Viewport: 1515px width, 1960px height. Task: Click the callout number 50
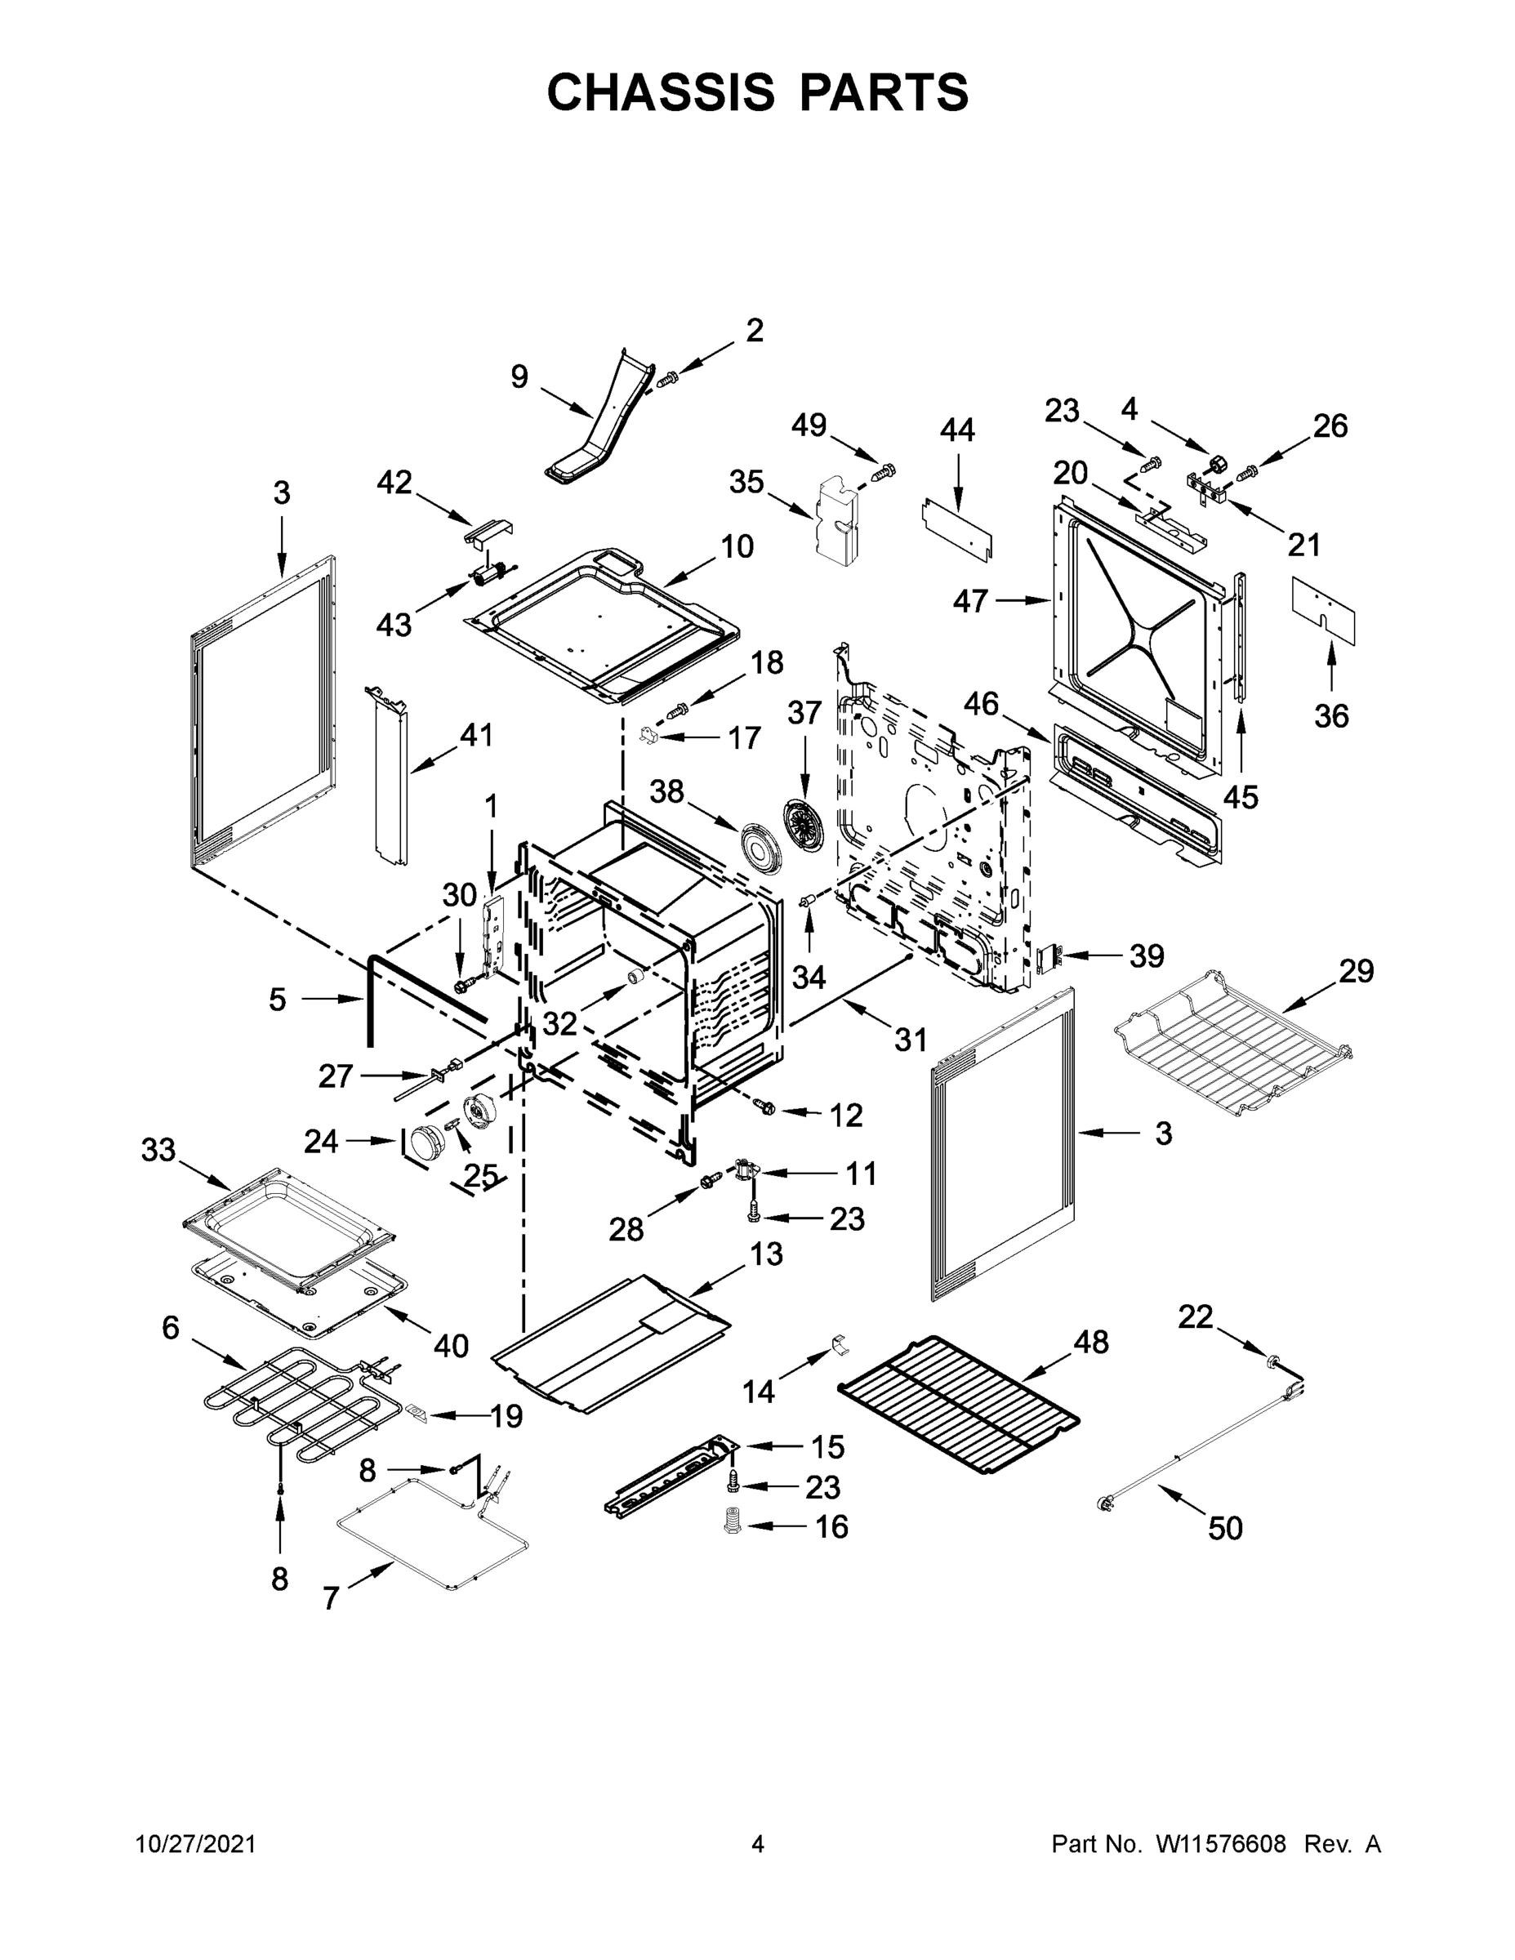click(x=1225, y=1528)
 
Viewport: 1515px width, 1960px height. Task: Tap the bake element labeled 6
click(x=287, y=1405)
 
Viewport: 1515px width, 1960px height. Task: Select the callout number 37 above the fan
click(x=804, y=714)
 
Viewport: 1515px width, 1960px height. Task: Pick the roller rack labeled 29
click(x=1232, y=1043)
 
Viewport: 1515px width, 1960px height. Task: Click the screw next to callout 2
click(x=667, y=380)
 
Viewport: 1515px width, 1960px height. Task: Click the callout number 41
click(x=477, y=735)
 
